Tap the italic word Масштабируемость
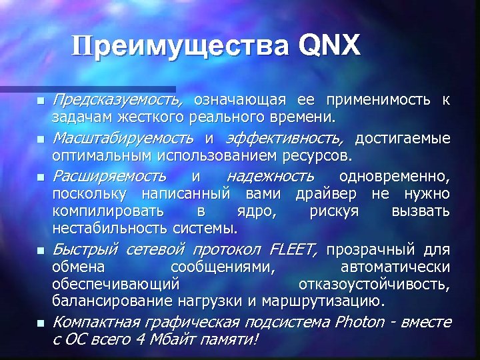[125, 139]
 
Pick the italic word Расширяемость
[109, 177]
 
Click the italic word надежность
[269, 177]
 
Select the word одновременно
[394, 177]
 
